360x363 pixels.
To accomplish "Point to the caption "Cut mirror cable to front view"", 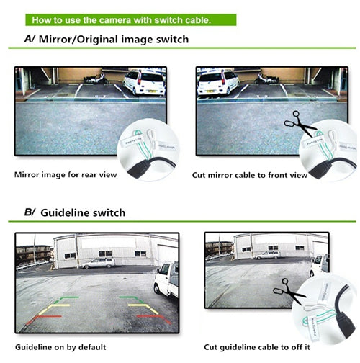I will click(250, 174).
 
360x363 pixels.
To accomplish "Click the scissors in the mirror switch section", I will click(300, 127).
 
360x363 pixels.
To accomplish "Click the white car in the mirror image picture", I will click(145, 82).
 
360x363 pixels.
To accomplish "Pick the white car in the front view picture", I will click(218, 82).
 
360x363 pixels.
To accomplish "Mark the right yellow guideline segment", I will click(141, 308).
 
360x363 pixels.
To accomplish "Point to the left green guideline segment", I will click(69, 297).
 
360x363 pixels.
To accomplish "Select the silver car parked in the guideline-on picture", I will click(96, 263).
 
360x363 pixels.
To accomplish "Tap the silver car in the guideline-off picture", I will click(267, 254).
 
